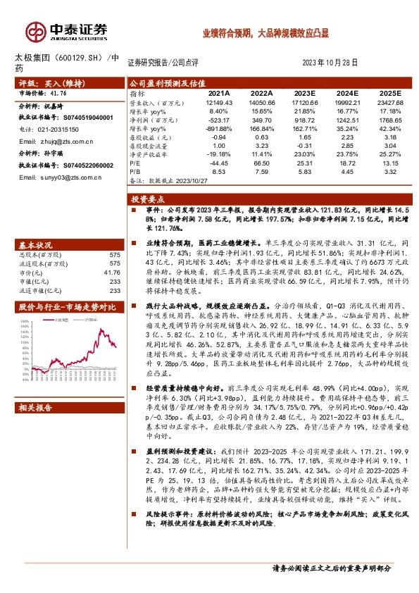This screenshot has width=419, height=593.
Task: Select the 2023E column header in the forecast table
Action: (304, 92)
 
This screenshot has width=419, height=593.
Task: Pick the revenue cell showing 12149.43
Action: (219, 102)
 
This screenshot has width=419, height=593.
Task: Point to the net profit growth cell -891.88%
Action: (219, 129)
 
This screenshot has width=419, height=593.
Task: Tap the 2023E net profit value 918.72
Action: (304, 120)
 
